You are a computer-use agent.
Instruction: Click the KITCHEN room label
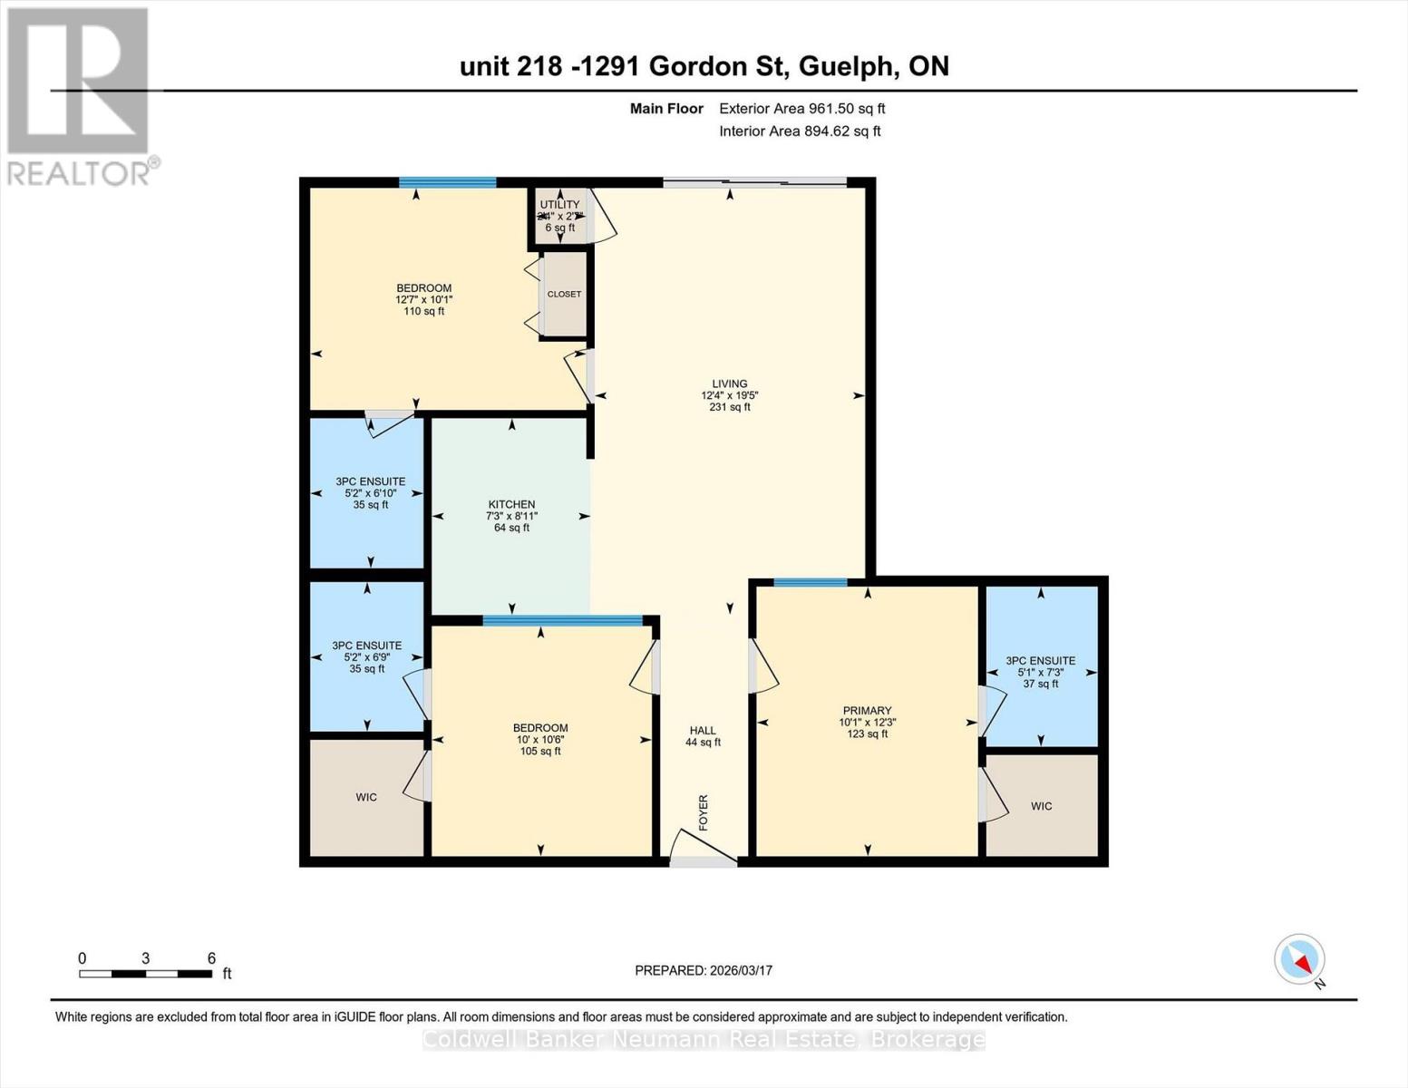coord(511,504)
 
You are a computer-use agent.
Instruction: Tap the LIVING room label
coord(729,384)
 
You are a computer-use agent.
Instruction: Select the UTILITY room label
coord(559,205)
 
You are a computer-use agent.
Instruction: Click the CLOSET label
coord(564,294)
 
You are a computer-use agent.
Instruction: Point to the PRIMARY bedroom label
coord(868,711)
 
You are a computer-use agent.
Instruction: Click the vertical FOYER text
coord(703,812)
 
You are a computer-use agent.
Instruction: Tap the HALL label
coord(703,730)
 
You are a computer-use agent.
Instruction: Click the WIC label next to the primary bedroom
coord(1041,806)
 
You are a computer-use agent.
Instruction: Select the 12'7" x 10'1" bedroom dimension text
coord(423,300)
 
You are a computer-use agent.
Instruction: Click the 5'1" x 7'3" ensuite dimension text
coord(1040,673)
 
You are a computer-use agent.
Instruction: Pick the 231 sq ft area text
coord(729,407)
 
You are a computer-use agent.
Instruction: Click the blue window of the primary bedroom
coord(811,582)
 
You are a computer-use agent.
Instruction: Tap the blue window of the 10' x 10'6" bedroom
coord(562,621)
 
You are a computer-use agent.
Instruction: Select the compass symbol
coord(1300,959)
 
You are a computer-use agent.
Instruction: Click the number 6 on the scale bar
coord(211,958)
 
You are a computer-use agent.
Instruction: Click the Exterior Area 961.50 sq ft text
coord(801,109)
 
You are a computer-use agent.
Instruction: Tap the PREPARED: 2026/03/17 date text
coord(704,970)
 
